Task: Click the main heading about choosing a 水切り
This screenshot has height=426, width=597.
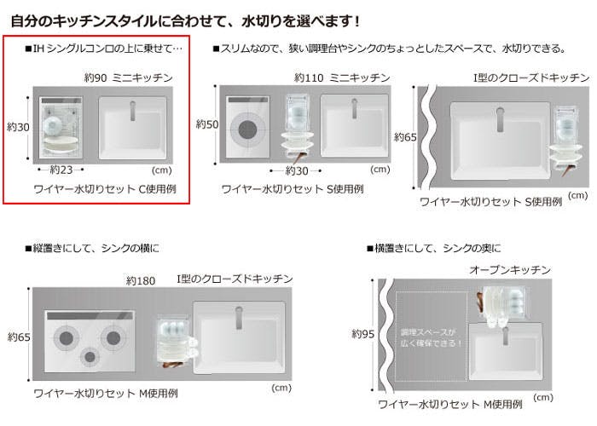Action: (185, 21)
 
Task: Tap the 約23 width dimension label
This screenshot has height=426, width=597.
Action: (61, 170)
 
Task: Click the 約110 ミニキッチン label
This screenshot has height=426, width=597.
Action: (342, 78)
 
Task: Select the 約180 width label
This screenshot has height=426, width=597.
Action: (141, 281)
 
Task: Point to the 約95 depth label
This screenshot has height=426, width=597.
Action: (362, 334)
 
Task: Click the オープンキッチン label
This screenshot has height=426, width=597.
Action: (510, 270)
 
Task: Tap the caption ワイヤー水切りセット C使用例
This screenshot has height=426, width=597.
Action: (105, 189)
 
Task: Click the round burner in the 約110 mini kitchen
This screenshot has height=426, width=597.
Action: (248, 130)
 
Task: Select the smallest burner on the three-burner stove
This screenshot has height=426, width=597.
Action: (90, 357)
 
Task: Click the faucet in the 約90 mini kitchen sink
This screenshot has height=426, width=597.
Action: (133, 111)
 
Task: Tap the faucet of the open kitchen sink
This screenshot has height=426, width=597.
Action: (506, 336)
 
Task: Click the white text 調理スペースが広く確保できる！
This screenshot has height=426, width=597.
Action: (432, 337)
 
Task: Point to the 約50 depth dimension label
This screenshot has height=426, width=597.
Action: (207, 124)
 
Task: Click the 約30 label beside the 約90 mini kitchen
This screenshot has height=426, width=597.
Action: (18, 127)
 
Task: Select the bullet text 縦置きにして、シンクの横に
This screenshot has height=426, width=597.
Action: (92, 249)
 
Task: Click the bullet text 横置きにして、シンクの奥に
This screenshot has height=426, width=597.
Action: (433, 249)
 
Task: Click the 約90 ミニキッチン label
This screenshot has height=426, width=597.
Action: (128, 78)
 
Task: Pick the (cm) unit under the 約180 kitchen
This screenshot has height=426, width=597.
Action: (281, 388)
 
